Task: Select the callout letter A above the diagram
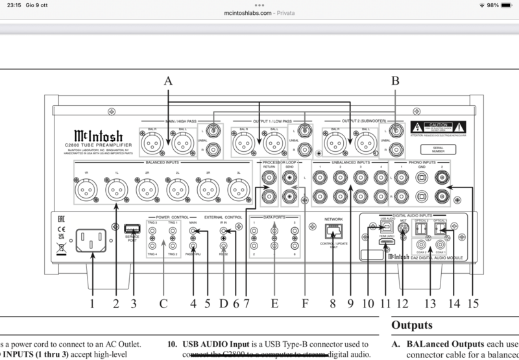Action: (x=169, y=81)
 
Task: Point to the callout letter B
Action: (x=394, y=81)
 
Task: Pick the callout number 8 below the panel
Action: (x=333, y=302)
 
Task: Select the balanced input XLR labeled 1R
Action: (x=86, y=190)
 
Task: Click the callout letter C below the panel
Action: (x=163, y=302)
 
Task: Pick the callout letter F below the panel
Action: (x=306, y=302)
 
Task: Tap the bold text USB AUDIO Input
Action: (x=214, y=344)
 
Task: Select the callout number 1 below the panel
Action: (x=92, y=302)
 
